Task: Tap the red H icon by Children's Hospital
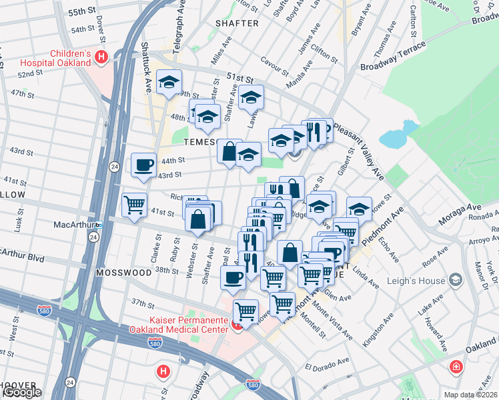click(101, 57)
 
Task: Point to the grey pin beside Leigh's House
click(456, 279)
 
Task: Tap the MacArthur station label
click(73, 225)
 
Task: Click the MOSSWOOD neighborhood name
click(123, 273)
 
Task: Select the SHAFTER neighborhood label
click(237, 23)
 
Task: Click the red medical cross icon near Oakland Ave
click(456, 367)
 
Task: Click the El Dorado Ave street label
click(328, 366)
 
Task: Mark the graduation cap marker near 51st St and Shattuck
click(169, 83)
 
